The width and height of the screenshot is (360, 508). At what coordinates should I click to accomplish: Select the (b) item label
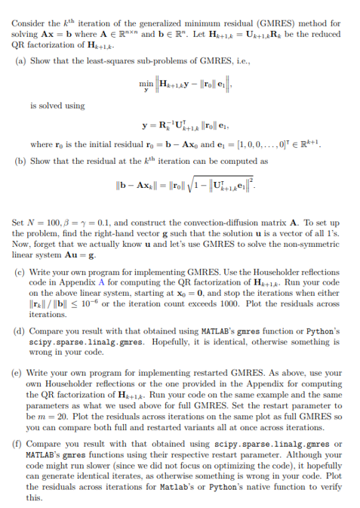21,161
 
